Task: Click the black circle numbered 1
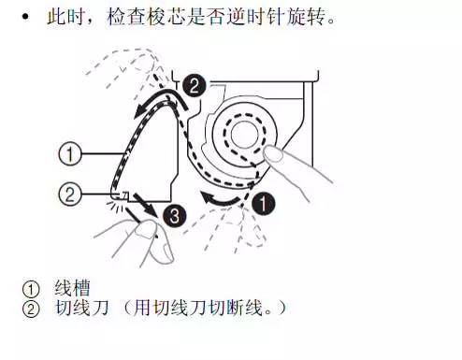pos(266,200)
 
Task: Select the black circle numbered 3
pos(171,216)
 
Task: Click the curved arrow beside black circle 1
pos(228,199)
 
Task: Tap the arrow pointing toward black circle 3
pos(147,203)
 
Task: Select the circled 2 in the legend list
pos(30,306)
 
